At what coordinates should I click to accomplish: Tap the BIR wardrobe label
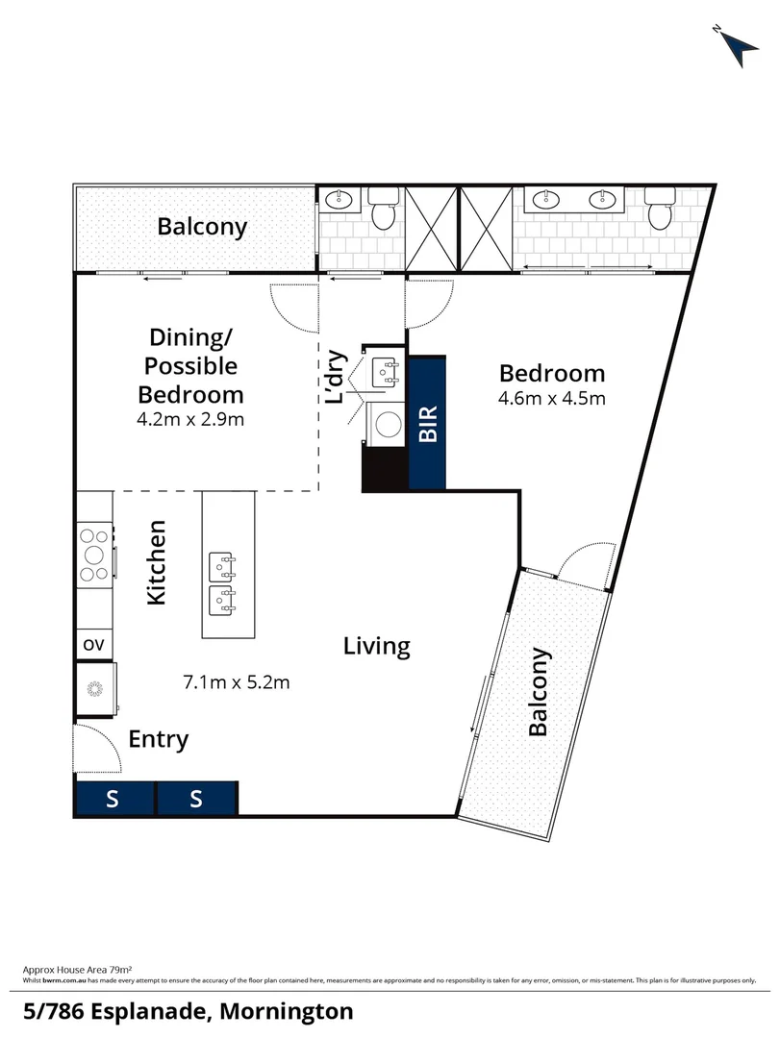(x=428, y=422)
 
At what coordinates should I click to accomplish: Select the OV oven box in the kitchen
(x=94, y=644)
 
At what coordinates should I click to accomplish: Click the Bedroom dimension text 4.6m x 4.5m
(x=552, y=399)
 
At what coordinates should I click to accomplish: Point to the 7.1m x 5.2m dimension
(x=236, y=682)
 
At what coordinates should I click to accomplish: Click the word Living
(x=377, y=646)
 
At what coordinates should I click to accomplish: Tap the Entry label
(x=159, y=740)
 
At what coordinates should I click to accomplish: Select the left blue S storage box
(x=113, y=799)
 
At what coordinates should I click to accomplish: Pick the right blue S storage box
(x=196, y=799)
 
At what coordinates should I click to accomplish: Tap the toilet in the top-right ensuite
(x=660, y=209)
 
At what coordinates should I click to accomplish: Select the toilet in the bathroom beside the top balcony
(x=383, y=210)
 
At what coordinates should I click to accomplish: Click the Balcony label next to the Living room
(x=539, y=692)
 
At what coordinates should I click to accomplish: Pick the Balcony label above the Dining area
(x=202, y=227)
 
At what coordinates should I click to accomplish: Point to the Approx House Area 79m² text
(x=76, y=971)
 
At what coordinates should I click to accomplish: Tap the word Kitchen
(x=156, y=562)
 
